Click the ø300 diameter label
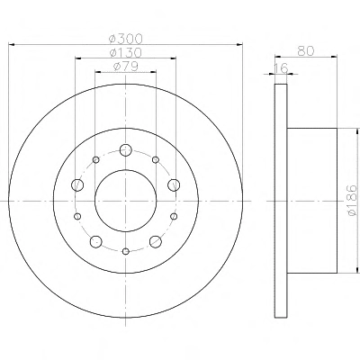(125, 39)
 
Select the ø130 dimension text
(125, 53)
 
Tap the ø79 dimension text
(126, 66)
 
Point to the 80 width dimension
(306, 50)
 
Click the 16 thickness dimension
(281, 67)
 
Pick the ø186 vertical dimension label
(352, 200)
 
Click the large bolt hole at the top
(126, 149)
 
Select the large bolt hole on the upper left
(77, 184)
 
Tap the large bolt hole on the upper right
(174, 184)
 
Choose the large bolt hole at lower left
(96, 241)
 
